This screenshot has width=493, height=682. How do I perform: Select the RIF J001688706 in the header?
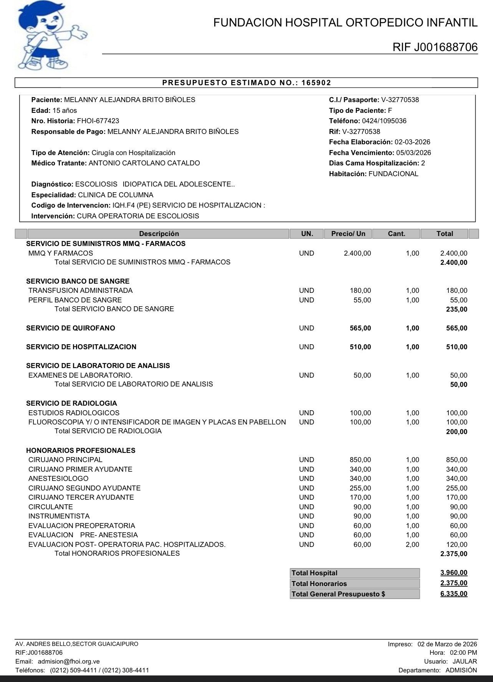(x=435, y=47)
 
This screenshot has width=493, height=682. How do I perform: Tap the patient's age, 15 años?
(x=65, y=111)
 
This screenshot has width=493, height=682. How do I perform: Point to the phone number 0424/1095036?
(x=384, y=121)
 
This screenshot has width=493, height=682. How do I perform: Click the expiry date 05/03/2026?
(x=414, y=153)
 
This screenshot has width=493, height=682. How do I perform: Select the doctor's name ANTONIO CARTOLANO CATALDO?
(x=144, y=163)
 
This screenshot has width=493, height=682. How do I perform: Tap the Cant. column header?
(x=396, y=234)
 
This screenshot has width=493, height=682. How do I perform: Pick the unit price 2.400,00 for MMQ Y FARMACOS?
(x=357, y=253)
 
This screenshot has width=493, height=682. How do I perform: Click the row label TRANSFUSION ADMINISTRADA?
(x=81, y=291)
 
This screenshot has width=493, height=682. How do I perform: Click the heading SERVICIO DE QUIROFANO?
(x=71, y=328)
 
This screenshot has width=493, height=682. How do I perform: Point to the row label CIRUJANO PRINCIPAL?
(x=65, y=460)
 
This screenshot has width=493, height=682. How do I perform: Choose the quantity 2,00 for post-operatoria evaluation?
(x=412, y=545)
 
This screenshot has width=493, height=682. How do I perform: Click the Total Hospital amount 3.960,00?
(x=454, y=573)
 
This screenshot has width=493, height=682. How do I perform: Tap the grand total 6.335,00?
(x=454, y=594)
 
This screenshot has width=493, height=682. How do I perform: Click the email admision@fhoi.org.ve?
(x=69, y=661)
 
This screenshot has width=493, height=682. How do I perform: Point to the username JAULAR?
(x=465, y=661)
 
